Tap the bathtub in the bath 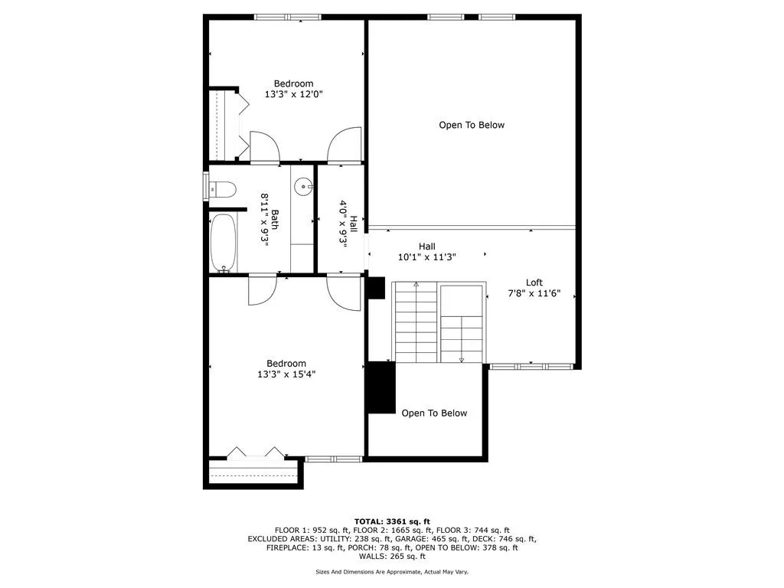pos(224,242)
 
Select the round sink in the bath pos(303,185)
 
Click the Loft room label pos(534,283)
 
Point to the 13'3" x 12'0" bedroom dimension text pos(294,95)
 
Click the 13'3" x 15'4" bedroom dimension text pos(286,374)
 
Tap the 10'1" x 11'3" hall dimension pos(427,257)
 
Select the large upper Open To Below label pos(472,125)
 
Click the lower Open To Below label pos(434,413)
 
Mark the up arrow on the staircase pos(416,286)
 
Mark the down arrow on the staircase pos(462,358)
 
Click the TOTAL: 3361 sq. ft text pos(391,520)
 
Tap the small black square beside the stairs pos(375,287)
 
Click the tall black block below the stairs pos(381,387)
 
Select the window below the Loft pos(531,367)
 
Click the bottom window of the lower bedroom pos(333,459)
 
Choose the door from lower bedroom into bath pos(262,289)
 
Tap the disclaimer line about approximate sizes pos(391,571)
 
